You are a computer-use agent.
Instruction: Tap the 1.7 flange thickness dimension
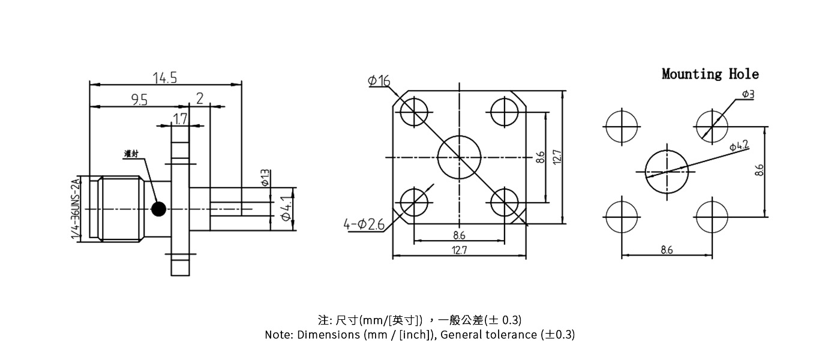179,119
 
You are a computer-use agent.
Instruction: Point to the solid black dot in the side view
158,209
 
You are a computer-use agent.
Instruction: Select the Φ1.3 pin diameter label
265,178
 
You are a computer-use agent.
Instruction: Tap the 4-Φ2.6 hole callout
364,225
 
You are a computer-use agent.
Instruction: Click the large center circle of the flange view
460,157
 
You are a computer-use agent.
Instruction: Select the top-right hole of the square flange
505,112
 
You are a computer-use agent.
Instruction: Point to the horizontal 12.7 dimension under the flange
459,251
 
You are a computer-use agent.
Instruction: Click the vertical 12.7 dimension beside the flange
557,157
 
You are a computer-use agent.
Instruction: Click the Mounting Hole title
710,74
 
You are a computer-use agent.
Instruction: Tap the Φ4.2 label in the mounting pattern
739,146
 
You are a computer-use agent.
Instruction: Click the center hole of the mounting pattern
666,172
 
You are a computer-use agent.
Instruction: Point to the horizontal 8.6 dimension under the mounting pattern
667,250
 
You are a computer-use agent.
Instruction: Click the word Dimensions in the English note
329,335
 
